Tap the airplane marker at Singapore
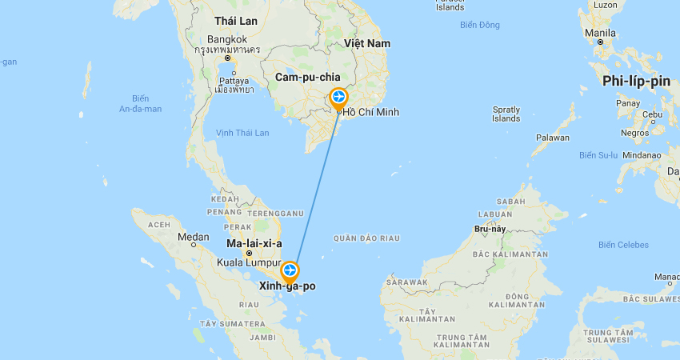pyautogui.click(x=290, y=270)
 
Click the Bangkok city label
pyautogui.click(x=226, y=39)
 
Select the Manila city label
pyautogui.click(x=600, y=33)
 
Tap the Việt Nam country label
pyautogui.click(x=366, y=42)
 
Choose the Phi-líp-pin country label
pyautogui.click(x=636, y=81)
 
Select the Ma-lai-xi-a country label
pyautogui.click(x=254, y=242)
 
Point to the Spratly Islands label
pyautogui.click(x=506, y=114)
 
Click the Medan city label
pyautogui.click(x=194, y=237)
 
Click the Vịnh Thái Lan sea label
pyautogui.click(x=242, y=133)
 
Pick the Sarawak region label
pyautogui.click(x=406, y=282)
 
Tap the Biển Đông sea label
pyautogui.click(x=480, y=25)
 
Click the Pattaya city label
pyautogui.click(x=234, y=81)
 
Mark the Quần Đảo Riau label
pyautogui.click(x=366, y=238)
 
